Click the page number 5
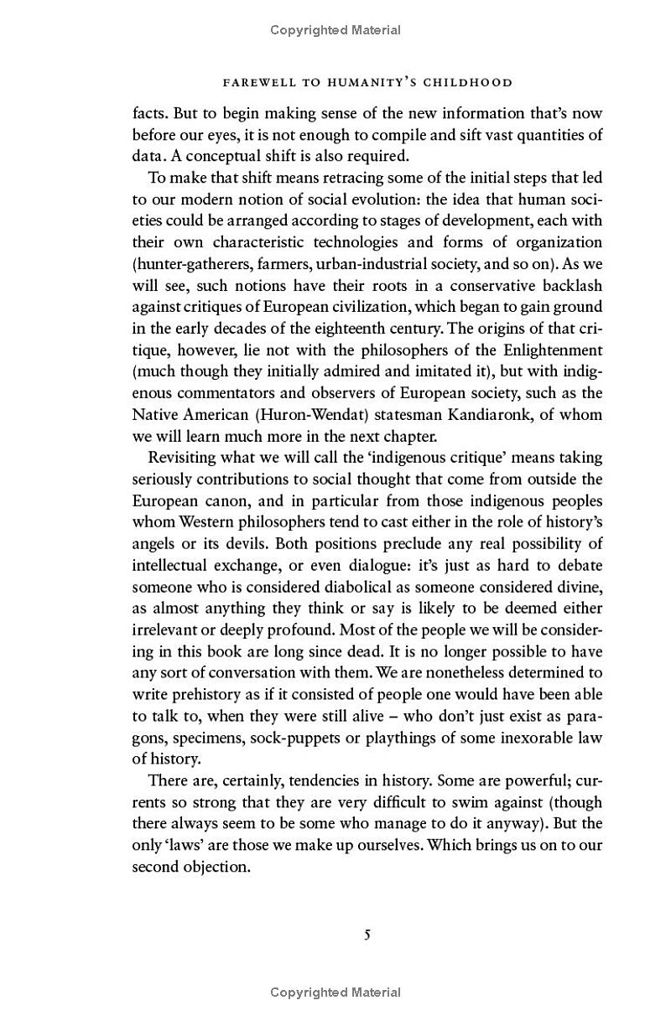pyautogui.click(x=367, y=935)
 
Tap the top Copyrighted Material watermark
pyautogui.click(x=335, y=30)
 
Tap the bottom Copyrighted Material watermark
pyautogui.click(x=335, y=992)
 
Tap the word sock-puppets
pyautogui.click(x=266, y=737)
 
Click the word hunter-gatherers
pyautogui.click(x=190, y=264)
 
